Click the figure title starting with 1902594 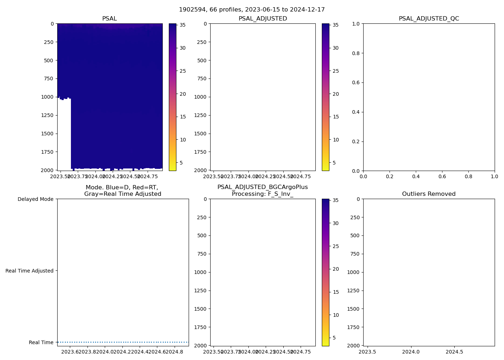pos(252,10)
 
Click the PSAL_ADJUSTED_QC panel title pos(429,19)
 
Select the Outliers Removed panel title pos(429,194)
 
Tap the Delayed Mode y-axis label pos(35,199)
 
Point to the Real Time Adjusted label pos(30,271)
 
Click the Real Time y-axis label pos(41,342)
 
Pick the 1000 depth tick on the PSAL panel pos(47,97)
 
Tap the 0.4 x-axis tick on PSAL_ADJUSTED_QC pos(416,176)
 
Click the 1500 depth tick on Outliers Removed pos(353,309)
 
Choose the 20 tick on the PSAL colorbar pos(183,94)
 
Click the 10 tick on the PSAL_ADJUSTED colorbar pos(336,140)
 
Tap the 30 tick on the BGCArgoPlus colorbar pos(336,223)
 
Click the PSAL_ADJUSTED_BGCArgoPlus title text pos(262,187)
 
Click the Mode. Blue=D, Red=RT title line pos(122,188)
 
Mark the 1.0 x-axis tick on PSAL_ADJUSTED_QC pos(494,176)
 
